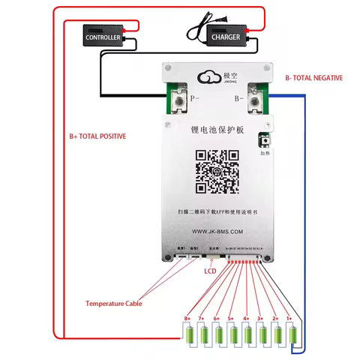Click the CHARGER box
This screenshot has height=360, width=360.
click(x=225, y=36)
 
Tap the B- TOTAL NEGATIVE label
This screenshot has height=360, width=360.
click(x=313, y=78)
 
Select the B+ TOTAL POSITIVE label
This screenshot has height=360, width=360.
click(x=97, y=136)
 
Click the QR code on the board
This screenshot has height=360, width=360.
click(x=217, y=172)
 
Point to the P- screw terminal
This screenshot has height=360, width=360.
click(x=180, y=97)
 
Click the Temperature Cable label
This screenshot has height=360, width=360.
click(x=113, y=303)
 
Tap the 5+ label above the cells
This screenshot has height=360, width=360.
click(x=231, y=319)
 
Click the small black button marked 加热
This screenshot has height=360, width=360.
click(x=263, y=140)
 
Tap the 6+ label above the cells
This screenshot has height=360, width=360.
click(x=217, y=319)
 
